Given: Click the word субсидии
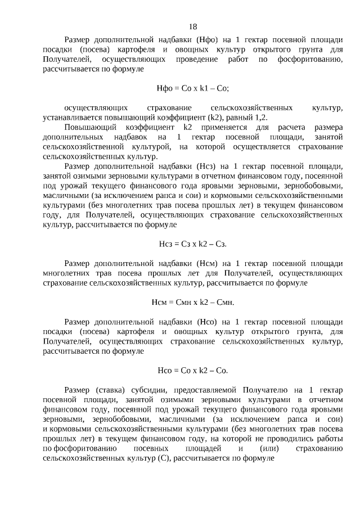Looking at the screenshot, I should [x=157, y=390].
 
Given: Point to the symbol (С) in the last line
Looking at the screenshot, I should [x=162, y=458].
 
